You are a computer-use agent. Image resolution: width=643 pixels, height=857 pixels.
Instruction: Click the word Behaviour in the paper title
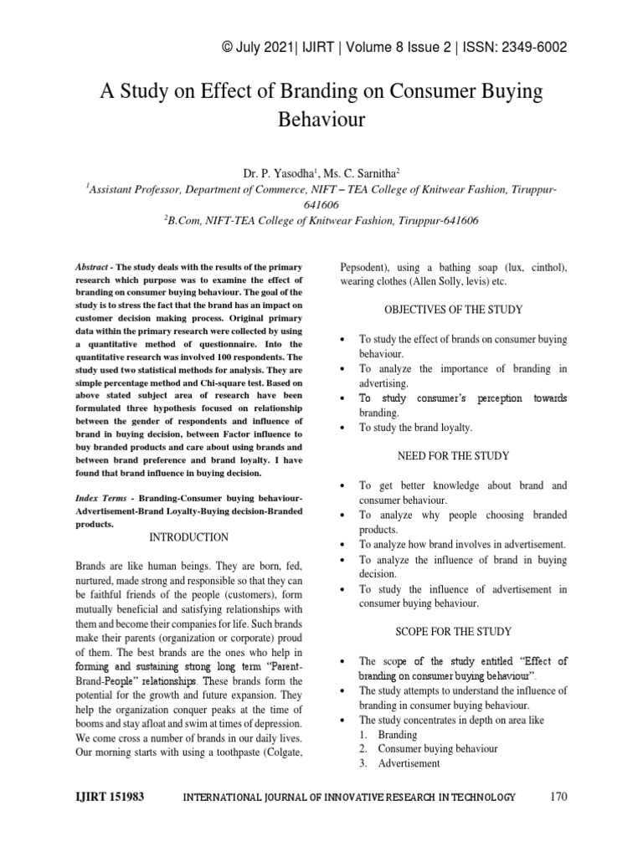(321, 119)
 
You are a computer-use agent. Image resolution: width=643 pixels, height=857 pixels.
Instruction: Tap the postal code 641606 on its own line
(321, 205)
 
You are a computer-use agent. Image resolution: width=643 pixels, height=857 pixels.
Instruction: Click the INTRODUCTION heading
(188, 536)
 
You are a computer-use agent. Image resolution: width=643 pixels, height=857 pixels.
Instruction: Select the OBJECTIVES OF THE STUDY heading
(453, 310)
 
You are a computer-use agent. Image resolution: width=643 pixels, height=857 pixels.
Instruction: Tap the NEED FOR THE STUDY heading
(453, 456)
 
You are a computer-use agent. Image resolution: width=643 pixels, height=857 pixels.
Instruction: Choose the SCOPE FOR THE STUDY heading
(453, 630)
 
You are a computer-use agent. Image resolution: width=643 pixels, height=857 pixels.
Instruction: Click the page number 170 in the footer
(558, 797)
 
